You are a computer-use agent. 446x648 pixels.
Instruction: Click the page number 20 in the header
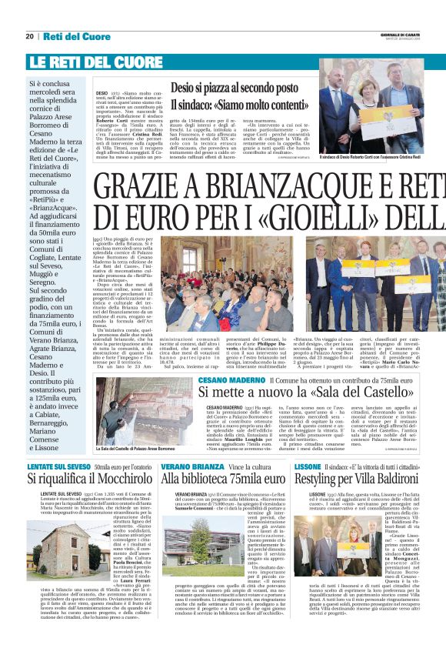coord(29,36)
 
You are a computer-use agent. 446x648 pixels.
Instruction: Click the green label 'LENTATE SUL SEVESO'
coord(58,466)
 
